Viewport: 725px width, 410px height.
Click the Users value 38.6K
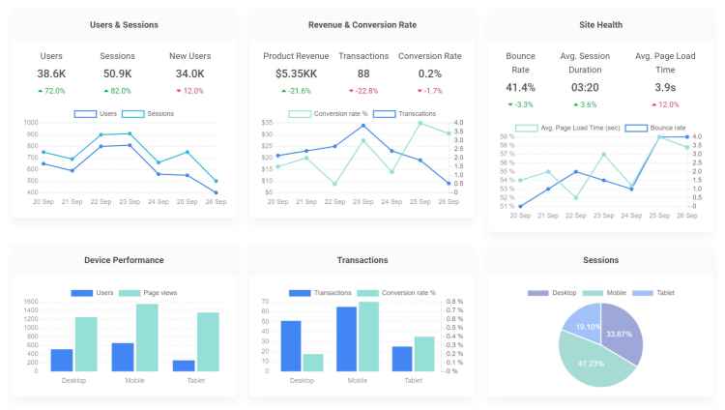point(51,73)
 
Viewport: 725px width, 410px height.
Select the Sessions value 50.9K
point(117,73)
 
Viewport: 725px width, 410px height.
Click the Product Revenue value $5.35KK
point(297,73)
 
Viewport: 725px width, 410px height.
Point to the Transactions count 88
point(363,73)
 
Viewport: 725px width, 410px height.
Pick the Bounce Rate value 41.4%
point(520,87)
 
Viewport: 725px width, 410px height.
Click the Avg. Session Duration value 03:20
point(585,87)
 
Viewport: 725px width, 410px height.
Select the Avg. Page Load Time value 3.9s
point(665,87)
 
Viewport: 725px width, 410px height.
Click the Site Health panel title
point(600,25)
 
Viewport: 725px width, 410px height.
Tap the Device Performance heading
point(124,260)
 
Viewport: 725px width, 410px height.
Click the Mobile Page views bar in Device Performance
point(147,337)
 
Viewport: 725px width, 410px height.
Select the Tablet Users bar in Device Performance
point(184,366)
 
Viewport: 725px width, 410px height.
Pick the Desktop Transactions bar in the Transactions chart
point(291,346)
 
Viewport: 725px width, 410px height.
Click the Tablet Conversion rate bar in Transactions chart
point(424,354)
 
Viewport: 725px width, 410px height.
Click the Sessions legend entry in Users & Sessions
point(148,114)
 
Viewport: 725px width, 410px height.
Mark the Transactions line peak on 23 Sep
point(363,126)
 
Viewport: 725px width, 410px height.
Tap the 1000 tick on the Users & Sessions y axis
point(31,123)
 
